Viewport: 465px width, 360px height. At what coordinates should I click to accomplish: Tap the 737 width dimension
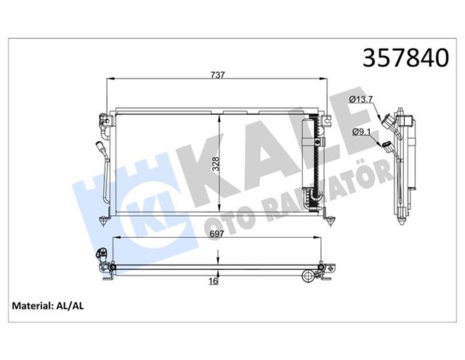(217, 75)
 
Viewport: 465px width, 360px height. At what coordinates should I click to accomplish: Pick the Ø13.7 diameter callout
(361, 98)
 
